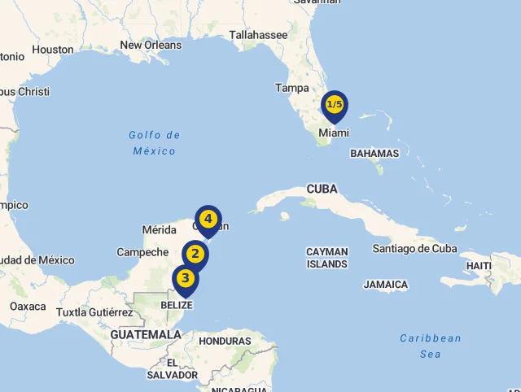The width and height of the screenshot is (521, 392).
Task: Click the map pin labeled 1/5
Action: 335,105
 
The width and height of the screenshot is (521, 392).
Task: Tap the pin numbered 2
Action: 195,255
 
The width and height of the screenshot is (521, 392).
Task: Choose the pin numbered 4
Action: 208,220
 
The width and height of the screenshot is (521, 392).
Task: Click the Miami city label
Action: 334,133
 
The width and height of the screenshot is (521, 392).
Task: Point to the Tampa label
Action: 291,88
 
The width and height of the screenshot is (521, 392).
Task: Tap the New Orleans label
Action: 151,46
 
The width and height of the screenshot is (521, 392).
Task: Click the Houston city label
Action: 53,50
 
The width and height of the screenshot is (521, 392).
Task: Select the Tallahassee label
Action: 258,35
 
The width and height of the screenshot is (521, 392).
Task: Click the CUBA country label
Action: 322,189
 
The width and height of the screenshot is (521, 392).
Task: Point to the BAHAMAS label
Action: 374,153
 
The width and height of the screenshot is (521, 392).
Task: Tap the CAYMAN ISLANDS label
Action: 326,258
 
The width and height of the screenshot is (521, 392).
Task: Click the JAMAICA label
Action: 386,285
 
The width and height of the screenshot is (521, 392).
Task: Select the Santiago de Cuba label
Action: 414,249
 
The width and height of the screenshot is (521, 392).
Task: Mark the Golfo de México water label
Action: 155,143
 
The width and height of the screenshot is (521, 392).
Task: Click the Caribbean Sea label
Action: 431,346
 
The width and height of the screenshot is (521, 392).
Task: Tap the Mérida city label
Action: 160,229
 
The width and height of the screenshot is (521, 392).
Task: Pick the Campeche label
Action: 142,252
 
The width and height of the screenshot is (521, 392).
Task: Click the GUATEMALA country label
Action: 146,334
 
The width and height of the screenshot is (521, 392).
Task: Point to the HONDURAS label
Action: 225,341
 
